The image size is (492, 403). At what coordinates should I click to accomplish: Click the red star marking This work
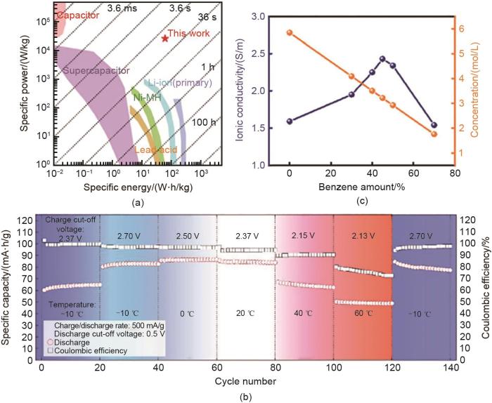click(165, 38)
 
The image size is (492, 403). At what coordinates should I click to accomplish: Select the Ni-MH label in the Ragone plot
click(145, 98)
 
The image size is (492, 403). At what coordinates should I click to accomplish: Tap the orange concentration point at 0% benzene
click(290, 33)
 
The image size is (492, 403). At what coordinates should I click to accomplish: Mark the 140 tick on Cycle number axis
click(448, 369)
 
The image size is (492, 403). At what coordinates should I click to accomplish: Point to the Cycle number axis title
click(245, 381)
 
